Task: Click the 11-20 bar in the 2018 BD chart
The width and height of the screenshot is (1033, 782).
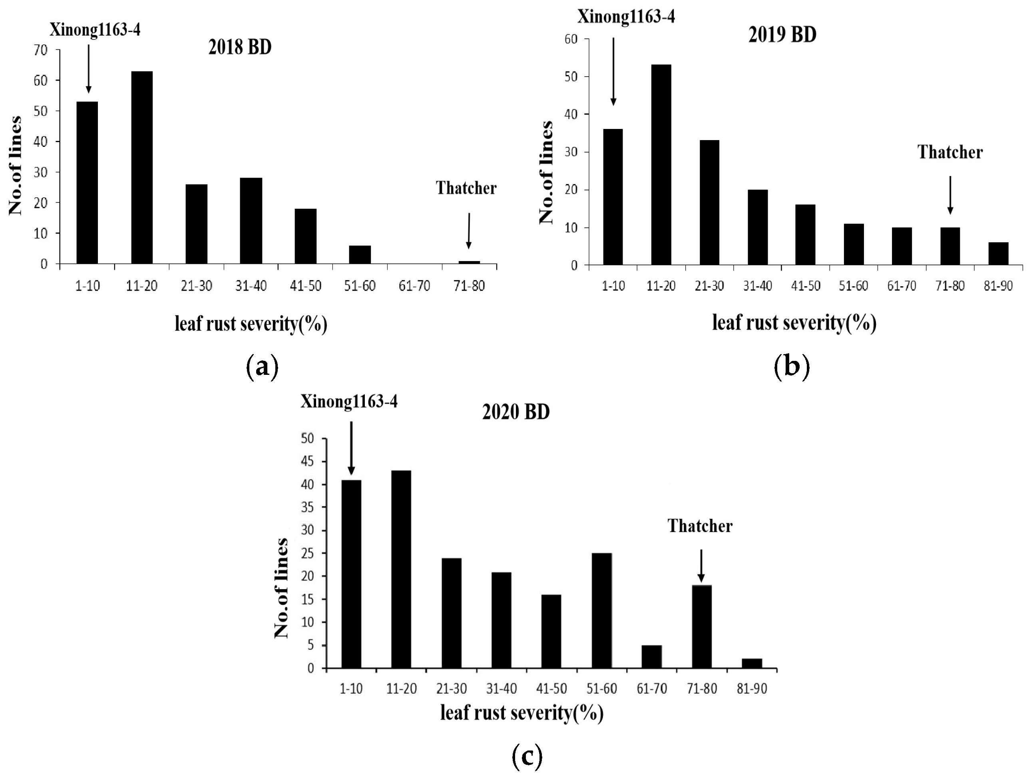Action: point(142,168)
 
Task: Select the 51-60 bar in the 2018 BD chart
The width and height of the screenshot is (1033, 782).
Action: point(360,255)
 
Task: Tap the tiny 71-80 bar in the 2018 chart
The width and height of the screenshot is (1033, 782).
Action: point(469,262)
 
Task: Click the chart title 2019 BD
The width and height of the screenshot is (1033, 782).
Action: point(782,35)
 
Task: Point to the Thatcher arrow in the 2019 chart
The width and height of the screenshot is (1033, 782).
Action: point(950,195)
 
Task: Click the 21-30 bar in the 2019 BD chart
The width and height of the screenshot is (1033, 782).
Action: point(709,202)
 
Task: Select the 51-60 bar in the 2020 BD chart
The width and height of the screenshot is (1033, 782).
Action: point(601,611)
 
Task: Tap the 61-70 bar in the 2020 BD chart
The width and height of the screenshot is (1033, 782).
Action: point(651,657)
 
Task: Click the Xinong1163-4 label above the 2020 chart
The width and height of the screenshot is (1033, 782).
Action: point(349,402)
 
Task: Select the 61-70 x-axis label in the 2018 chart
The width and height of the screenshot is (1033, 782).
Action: point(414,285)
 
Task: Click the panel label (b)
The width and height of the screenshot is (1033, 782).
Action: point(792,367)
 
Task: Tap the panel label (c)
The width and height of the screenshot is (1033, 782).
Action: point(527,757)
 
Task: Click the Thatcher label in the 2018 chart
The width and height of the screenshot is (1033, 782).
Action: point(466,188)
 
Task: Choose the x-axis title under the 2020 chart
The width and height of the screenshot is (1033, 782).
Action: point(521,713)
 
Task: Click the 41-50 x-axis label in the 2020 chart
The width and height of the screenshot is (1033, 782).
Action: point(551,689)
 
